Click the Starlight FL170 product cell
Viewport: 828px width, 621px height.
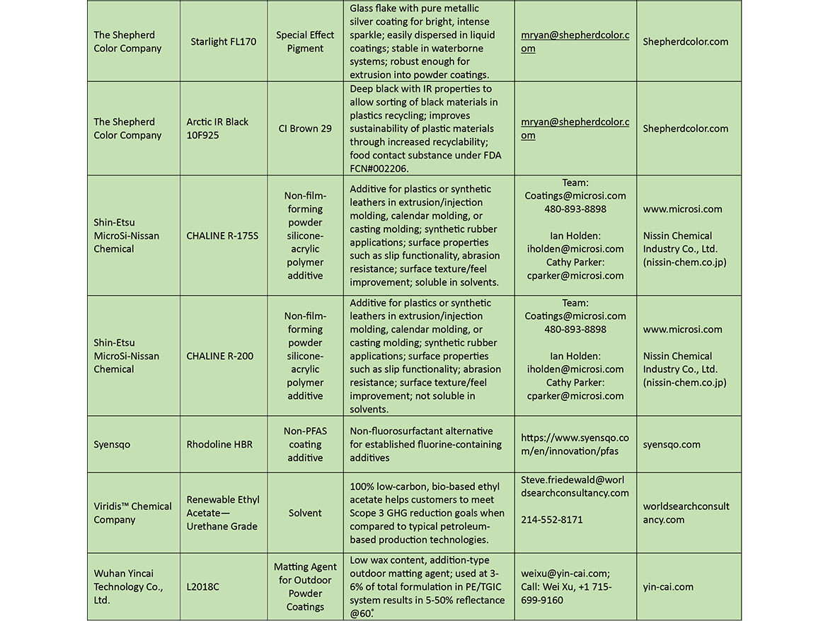point(223,42)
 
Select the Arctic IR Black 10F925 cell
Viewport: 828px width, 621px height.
point(217,129)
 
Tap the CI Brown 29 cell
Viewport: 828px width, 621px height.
point(305,129)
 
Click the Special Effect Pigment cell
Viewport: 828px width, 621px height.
point(305,42)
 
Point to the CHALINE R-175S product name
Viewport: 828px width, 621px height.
point(222,236)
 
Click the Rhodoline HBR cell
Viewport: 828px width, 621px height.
point(219,445)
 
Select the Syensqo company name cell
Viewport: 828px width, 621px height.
point(112,445)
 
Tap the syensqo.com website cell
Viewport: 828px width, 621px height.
point(672,445)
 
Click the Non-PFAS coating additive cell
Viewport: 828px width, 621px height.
point(305,445)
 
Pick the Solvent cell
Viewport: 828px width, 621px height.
point(305,513)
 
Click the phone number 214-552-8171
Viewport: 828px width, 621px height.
point(552,520)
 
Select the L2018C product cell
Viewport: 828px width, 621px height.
point(203,587)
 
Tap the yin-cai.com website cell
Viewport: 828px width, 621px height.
point(668,587)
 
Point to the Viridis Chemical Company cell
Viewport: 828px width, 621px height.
point(132,513)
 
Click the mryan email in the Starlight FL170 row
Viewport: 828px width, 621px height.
point(575,42)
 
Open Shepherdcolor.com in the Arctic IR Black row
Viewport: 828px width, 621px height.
point(685,129)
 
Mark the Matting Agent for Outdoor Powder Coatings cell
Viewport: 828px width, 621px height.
point(305,587)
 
